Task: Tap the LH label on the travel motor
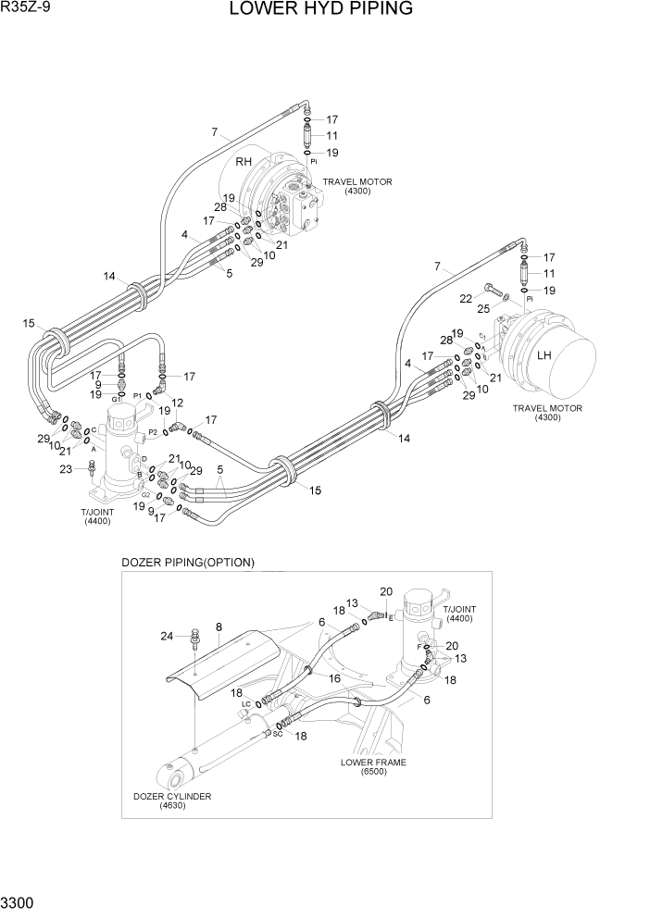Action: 544,355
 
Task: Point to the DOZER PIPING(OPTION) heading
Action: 188,563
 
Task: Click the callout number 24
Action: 167,636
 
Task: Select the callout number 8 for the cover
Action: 219,626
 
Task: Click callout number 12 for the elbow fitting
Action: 178,403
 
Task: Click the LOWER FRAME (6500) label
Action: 374,767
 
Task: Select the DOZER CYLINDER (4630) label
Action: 172,801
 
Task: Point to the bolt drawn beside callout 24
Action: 194,639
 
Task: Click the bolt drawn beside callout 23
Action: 91,470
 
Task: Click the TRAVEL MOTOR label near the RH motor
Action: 356,186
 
